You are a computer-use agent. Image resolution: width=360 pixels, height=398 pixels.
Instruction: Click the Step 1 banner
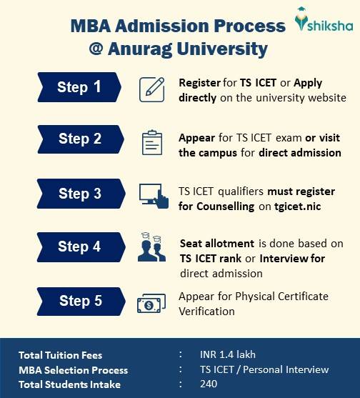tap(79, 87)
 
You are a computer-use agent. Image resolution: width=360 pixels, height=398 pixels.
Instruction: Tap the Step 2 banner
tap(81, 139)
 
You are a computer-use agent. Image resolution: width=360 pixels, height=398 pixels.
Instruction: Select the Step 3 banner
tap(81, 194)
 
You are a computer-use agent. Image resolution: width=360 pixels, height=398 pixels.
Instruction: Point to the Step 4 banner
tap(81, 247)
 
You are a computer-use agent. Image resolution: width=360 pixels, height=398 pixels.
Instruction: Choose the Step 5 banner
tap(81, 302)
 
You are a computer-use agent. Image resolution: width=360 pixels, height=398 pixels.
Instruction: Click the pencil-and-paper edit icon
tap(151, 89)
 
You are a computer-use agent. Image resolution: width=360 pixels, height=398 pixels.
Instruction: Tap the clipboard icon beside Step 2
tap(152, 143)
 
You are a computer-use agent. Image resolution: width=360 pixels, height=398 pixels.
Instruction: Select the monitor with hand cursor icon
tap(154, 196)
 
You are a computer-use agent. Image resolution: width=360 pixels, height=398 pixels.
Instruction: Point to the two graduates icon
tap(151, 247)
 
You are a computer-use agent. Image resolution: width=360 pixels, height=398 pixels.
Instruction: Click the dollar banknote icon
tap(151, 303)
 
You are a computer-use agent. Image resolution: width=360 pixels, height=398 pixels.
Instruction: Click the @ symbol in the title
tap(96, 48)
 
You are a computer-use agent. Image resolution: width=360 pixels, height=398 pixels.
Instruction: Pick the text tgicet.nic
tap(298, 206)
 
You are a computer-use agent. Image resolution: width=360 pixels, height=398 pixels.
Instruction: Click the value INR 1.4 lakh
tap(228, 354)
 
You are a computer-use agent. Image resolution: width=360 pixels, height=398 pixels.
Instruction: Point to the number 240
tap(209, 384)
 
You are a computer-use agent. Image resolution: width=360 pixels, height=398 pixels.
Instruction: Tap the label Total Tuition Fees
tap(61, 355)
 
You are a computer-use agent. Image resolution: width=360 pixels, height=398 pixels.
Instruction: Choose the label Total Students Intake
tap(69, 384)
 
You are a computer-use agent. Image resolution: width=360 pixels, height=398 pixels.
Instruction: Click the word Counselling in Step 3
tap(225, 207)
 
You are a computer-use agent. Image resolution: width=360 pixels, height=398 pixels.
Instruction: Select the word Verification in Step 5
tap(206, 312)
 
